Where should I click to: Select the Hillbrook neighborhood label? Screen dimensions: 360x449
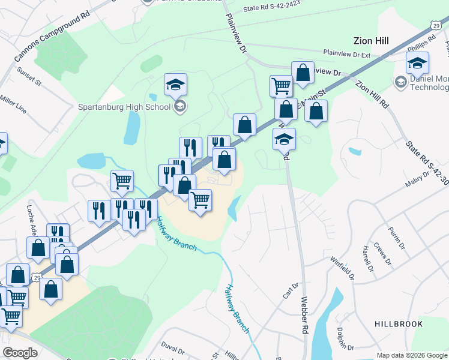click(x=399, y=324)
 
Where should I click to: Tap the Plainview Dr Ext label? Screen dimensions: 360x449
click(x=347, y=54)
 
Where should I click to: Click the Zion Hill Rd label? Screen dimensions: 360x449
click(x=372, y=94)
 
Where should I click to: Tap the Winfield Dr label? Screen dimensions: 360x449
click(x=342, y=268)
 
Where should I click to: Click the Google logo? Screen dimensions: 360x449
click(x=20, y=353)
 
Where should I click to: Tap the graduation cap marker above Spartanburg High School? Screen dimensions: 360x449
click(x=175, y=85)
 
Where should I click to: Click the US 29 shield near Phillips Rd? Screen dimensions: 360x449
click(x=436, y=24)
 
